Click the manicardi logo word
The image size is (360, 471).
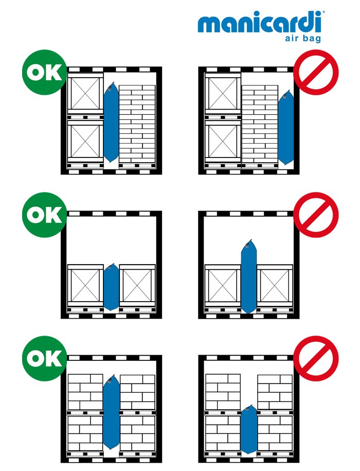260,22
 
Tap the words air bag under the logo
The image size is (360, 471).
303,38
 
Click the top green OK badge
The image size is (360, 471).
44,72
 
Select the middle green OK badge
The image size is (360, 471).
44,215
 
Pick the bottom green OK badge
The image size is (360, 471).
44,358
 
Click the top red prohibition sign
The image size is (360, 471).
316,72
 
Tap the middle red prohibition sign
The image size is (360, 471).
316,215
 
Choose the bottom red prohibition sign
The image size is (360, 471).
316,358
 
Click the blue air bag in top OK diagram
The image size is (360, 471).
111,122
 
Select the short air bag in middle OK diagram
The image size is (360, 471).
111,287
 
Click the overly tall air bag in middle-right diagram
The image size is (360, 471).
249,276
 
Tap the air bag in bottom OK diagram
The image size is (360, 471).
111,411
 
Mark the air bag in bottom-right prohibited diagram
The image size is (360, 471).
249,429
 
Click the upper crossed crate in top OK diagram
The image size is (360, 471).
85,93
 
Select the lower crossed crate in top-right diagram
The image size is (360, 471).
223,141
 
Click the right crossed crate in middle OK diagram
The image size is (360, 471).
137,286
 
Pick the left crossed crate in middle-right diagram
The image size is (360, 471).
223,286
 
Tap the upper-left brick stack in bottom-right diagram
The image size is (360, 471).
223,392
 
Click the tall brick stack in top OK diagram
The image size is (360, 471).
137,124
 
